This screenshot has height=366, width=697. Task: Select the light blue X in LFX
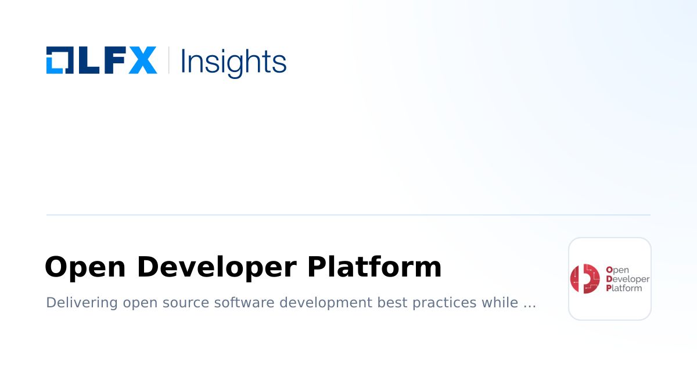coord(142,60)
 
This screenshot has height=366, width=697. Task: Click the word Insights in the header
coord(233,62)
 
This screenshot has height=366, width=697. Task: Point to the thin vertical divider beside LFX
coord(168,60)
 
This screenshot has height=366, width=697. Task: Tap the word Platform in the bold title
coord(374,267)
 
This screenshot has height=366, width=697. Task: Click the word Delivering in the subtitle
coord(82,303)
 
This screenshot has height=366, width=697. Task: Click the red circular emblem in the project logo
coord(584,279)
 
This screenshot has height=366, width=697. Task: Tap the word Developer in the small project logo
coord(627,279)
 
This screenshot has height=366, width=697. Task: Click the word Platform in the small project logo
coord(624,288)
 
